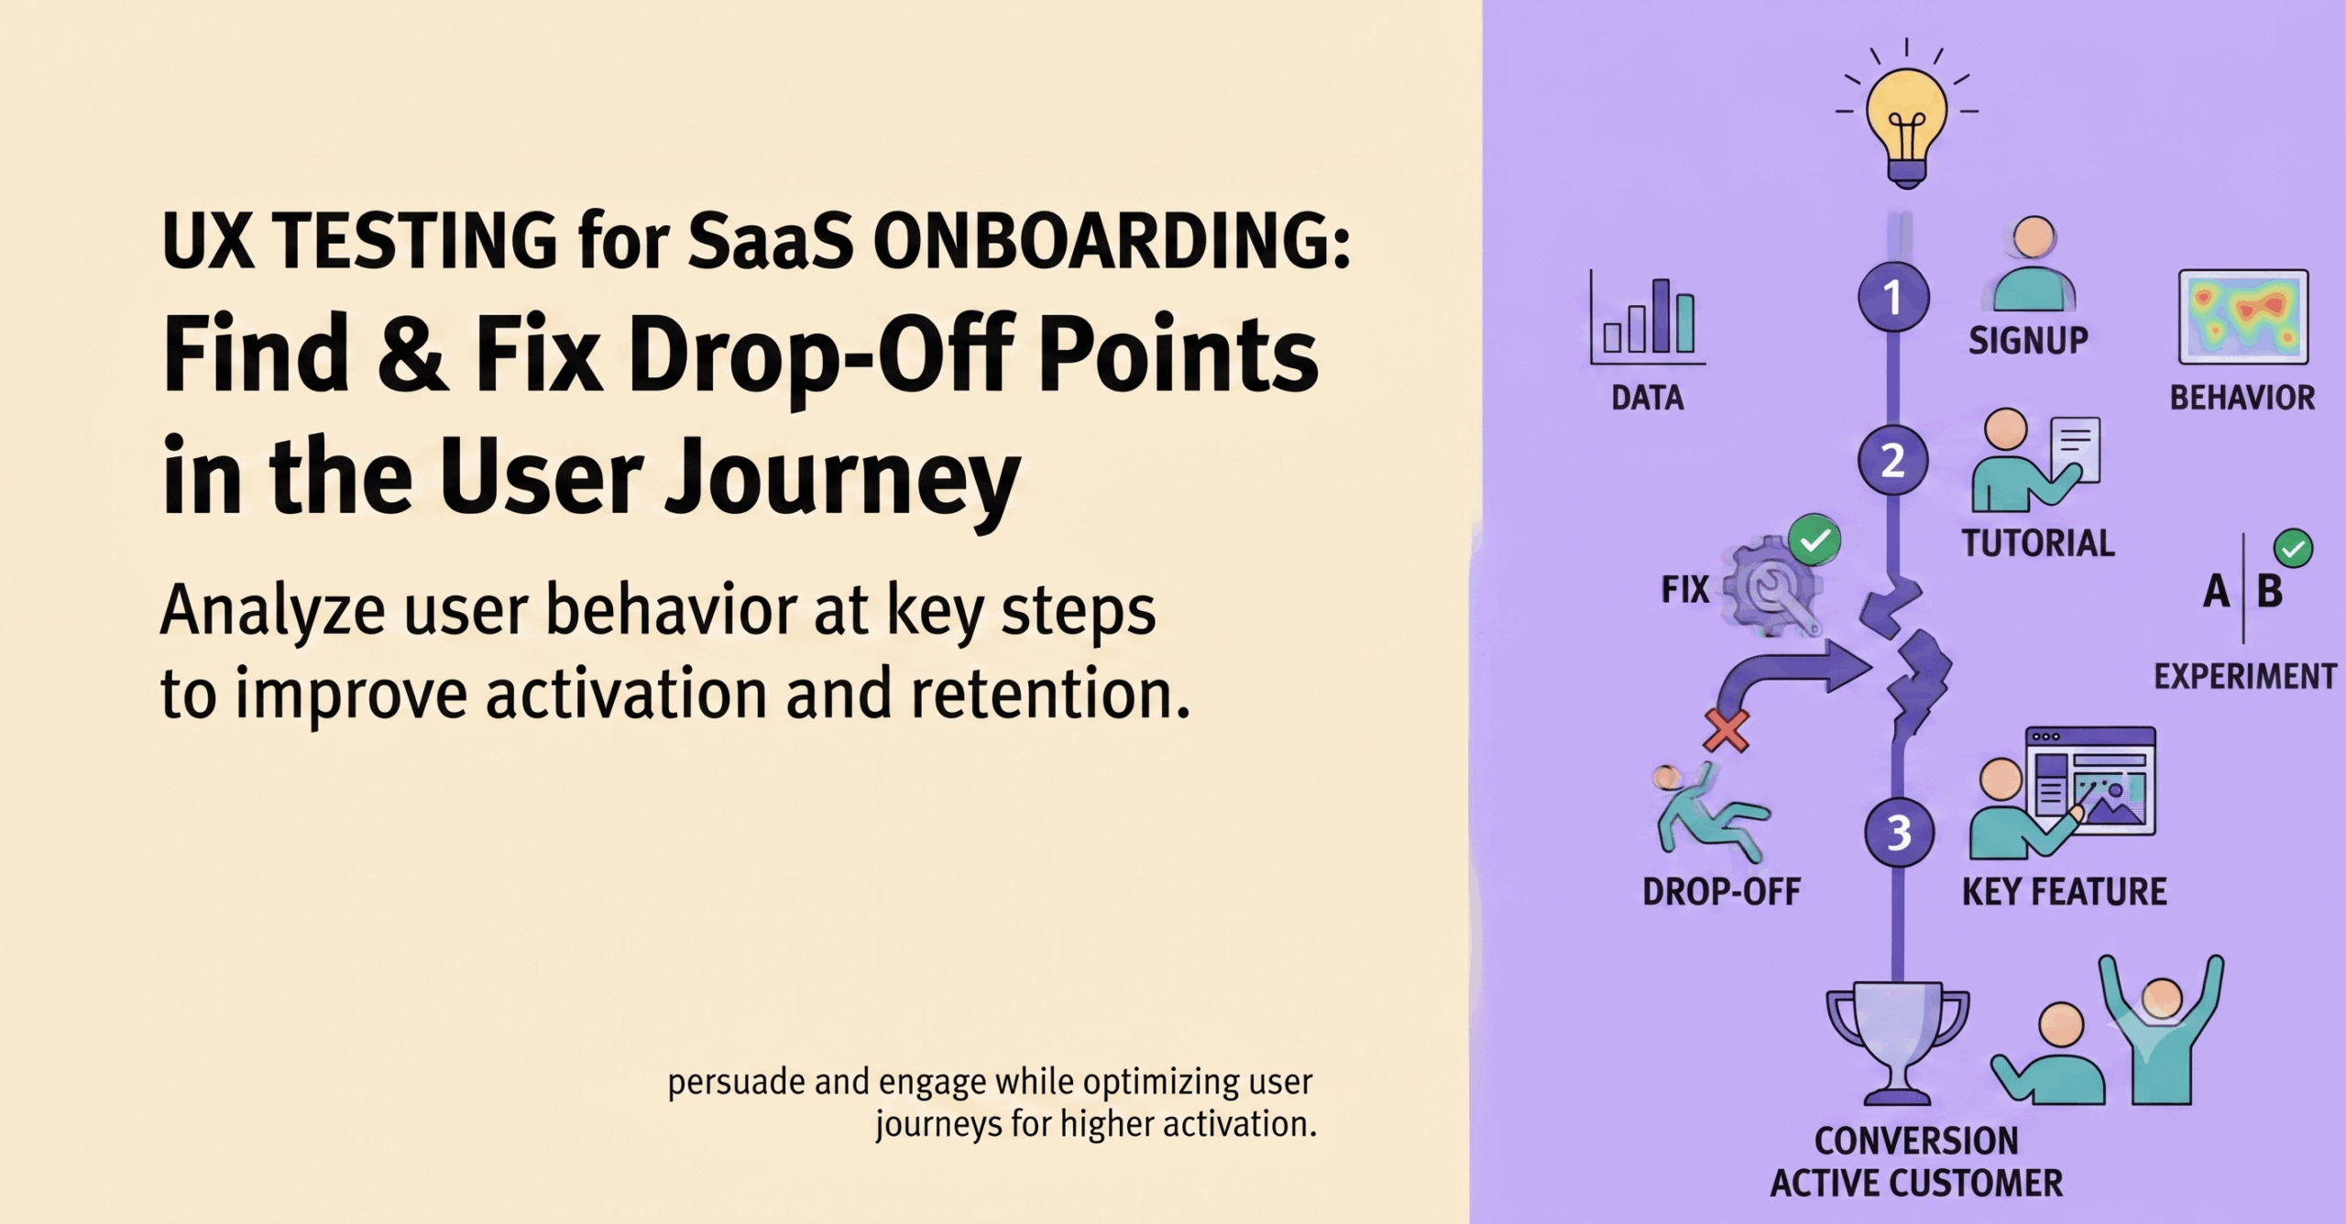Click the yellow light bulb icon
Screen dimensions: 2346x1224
1907,124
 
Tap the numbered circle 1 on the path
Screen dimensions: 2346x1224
1893,297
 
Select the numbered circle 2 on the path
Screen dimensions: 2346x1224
1893,460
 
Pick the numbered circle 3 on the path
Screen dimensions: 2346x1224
1900,833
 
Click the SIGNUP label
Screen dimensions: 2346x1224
2028,341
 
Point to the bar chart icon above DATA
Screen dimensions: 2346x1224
1648,319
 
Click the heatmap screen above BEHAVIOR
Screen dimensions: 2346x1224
2243,317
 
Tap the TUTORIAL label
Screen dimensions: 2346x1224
2038,543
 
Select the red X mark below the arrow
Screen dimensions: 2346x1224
1727,730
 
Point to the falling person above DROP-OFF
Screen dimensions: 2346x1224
1709,813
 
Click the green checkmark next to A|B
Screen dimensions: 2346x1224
2293,549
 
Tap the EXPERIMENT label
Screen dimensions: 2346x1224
2245,676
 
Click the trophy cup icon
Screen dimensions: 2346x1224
1897,1043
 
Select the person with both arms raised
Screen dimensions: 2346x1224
2161,1030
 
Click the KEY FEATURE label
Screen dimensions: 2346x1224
2065,891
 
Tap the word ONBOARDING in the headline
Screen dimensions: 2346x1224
1112,240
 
